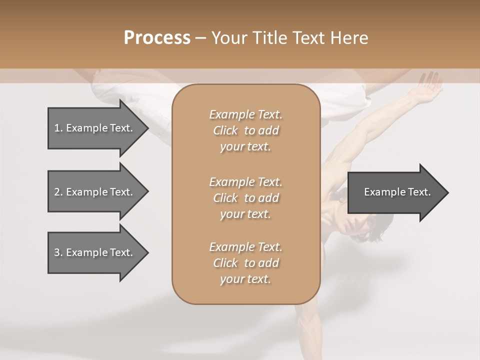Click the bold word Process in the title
pyautogui.click(x=157, y=38)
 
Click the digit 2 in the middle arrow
pyautogui.click(x=56, y=192)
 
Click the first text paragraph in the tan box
pyautogui.click(x=245, y=130)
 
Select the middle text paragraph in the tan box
pyautogui.click(x=245, y=197)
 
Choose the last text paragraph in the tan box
pyautogui.click(x=245, y=263)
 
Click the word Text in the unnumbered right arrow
pyautogui.click(x=419, y=192)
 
